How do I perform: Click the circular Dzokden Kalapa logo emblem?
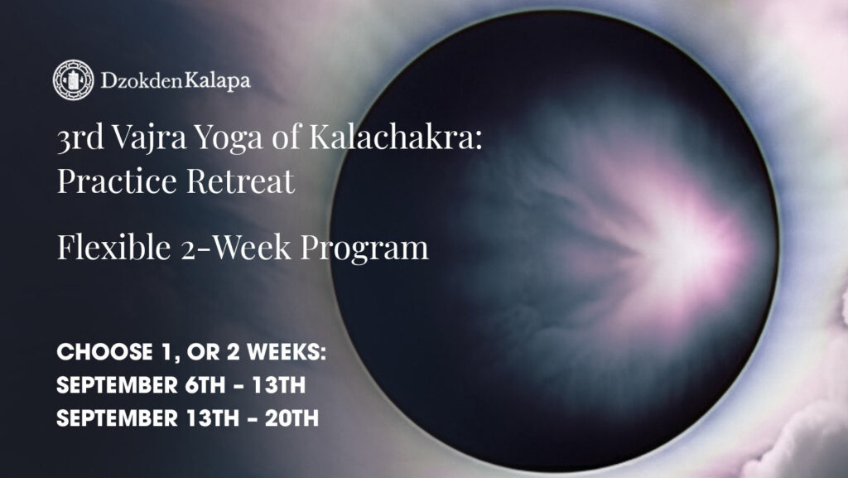[x=73, y=80]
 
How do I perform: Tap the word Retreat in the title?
[x=249, y=180]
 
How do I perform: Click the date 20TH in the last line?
[x=292, y=418]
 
